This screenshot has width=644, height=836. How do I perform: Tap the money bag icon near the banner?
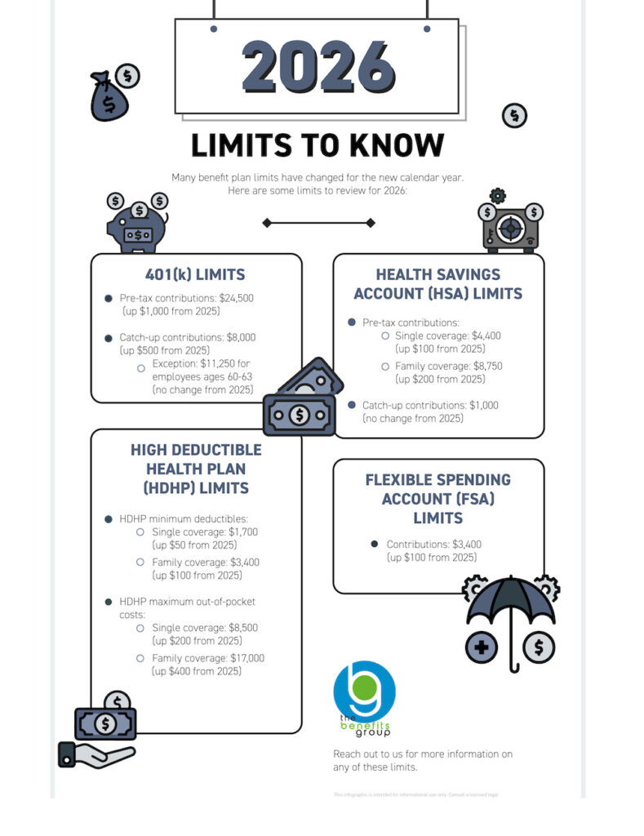coord(110,98)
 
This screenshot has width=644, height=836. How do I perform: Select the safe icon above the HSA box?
coord(509,225)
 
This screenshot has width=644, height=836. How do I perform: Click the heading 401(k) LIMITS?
coord(195,274)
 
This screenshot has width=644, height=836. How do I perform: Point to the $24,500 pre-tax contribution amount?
coord(236,299)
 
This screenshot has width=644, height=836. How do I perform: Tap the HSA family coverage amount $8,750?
coord(485,367)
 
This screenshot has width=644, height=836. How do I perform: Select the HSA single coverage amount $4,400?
coord(482,336)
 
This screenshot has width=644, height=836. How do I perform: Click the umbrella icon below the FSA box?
coord(511,608)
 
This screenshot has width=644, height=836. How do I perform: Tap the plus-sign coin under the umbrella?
coord(482,649)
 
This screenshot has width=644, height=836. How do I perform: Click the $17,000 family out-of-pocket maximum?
coord(243,658)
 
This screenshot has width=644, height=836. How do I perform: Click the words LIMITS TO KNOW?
coord(317,145)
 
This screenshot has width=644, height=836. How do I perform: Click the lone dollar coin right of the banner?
coord(514,116)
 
